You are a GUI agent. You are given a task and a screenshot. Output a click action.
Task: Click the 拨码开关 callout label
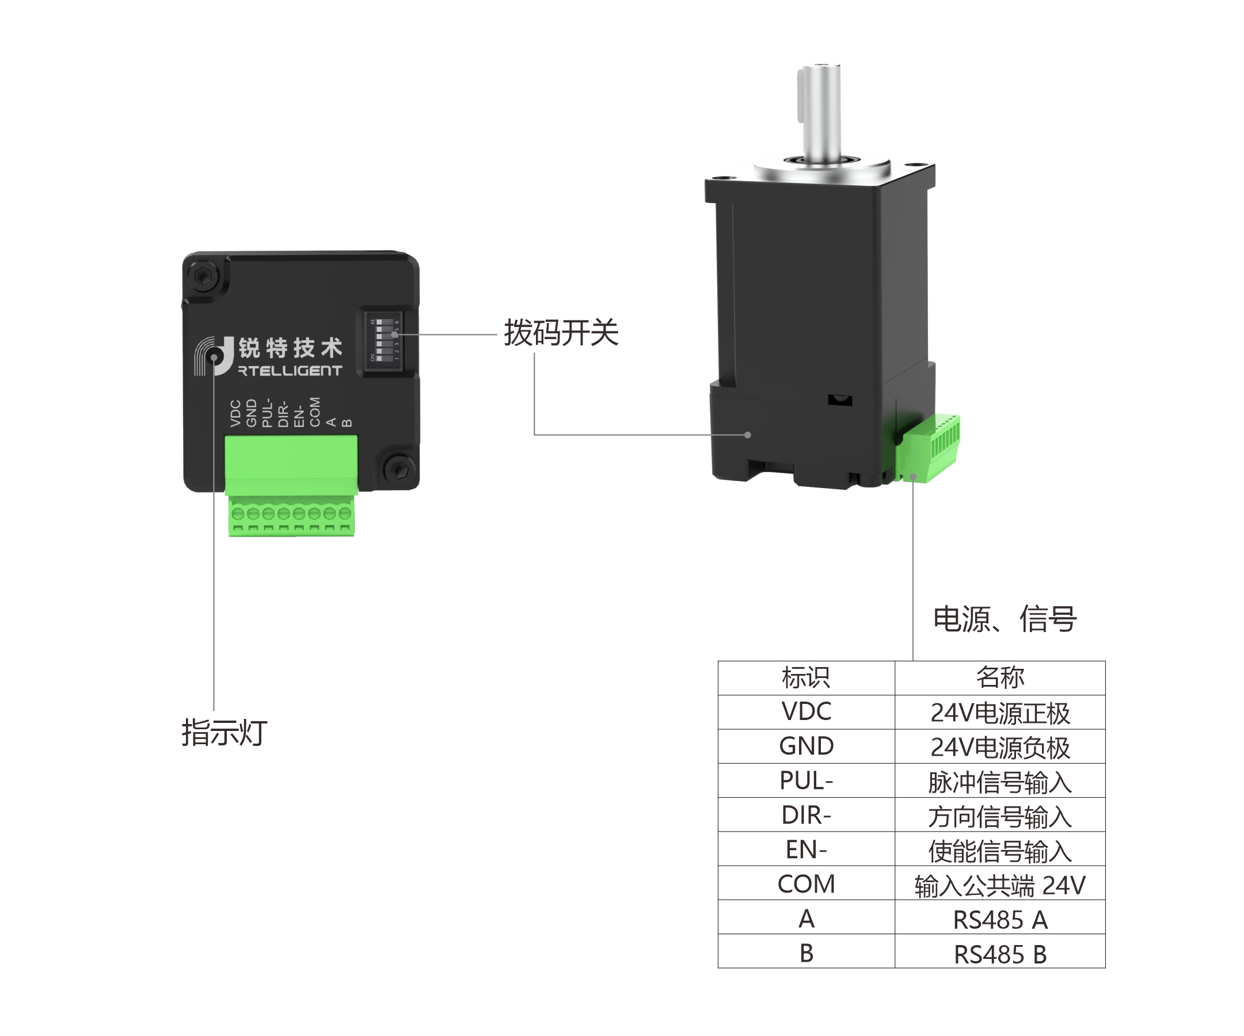click(x=560, y=333)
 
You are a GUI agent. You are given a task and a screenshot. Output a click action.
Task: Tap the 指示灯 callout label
click(x=224, y=733)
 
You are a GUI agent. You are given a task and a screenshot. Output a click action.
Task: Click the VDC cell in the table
click(x=806, y=711)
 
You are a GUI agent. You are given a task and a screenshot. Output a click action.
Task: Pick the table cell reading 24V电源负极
click(x=999, y=747)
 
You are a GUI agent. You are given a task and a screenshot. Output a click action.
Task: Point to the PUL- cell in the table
click(x=806, y=780)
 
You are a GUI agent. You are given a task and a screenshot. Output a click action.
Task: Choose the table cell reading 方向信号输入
click(x=999, y=816)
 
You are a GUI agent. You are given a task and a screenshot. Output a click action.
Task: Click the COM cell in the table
click(x=806, y=884)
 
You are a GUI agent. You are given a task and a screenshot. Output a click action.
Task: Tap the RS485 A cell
click(x=999, y=919)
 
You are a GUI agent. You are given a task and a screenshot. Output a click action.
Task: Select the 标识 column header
click(x=806, y=677)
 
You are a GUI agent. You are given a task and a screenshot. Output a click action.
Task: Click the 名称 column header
click(x=999, y=677)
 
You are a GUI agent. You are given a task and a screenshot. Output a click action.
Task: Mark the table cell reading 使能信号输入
click(x=999, y=851)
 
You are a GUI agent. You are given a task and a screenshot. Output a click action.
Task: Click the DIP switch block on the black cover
click(x=383, y=341)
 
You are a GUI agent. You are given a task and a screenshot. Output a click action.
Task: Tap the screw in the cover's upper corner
click(x=203, y=276)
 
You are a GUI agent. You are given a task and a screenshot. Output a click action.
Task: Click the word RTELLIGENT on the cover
click(x=290, y=371)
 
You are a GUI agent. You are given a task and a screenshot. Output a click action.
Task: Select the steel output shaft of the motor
click(x=821, y=113)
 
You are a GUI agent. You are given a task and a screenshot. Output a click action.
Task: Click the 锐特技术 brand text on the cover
click(x=290, y=348)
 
